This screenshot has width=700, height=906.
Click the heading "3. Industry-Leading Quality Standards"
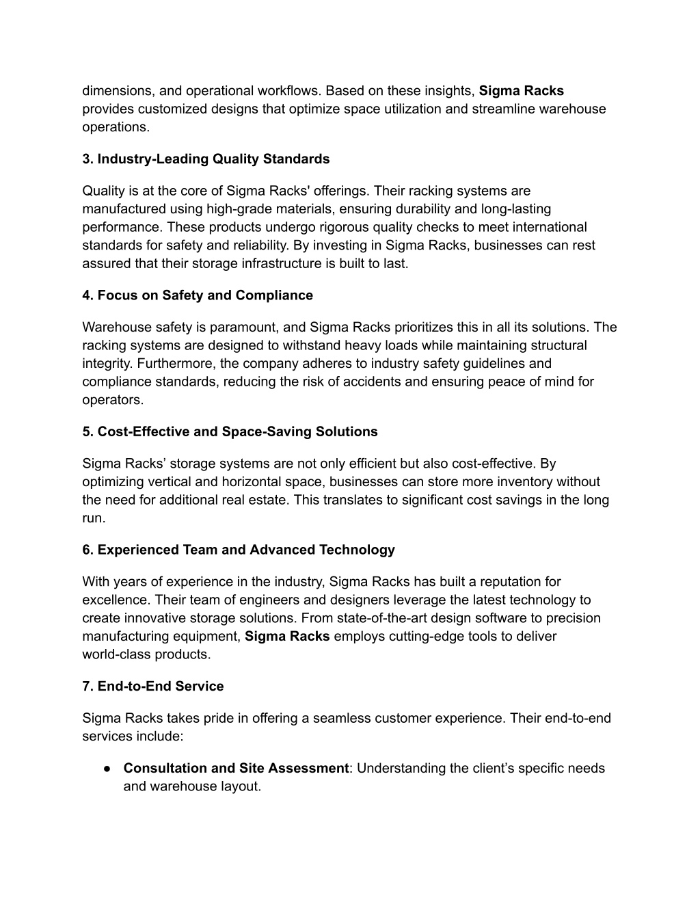pyautogui.click(x=206, y=159)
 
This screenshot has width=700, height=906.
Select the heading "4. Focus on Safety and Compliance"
pyautogui.click(x=198, y=295)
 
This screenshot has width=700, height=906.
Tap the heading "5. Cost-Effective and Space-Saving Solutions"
pyautogui.click(x=230, y=431)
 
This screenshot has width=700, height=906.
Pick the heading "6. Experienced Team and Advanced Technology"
pyautogui.click(x=239, y=550)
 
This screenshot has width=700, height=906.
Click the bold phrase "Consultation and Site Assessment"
pyautogui.click(x=236, y=768)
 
